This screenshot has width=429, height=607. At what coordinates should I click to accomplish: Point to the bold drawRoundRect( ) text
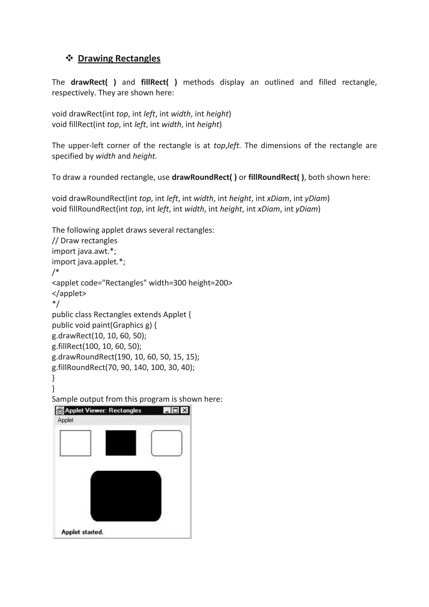pyautogui.click(x=204, y=177)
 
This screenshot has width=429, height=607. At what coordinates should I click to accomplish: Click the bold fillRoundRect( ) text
pyautogui.click(x=276, y=177)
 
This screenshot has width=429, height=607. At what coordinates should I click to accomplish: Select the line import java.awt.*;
pyautogui.click(x=84, y=251)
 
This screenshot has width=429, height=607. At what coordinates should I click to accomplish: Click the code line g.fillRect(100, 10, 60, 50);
pyautogui.click(x=97, y=346)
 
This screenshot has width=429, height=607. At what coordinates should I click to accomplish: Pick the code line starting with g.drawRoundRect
pyautogui.click(x=125, y=357)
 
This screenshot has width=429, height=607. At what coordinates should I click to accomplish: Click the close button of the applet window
pyautogui.click(x=185, y=410)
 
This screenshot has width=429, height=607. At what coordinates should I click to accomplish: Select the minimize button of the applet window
pyautogui.click(x=167, y=410)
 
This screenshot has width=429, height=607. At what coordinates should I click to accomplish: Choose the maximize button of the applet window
pyautogui.click(x=175, y=410)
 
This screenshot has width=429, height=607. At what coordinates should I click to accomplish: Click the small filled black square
pyautogui.click(x=121, y=443)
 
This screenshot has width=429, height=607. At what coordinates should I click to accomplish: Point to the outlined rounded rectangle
pyautogui.click(x=166, y=443)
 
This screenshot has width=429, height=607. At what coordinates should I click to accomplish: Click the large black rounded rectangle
pyautogui.click(x=126, y=496)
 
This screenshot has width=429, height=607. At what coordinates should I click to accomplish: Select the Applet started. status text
pyautogui.click(x=82, y=532)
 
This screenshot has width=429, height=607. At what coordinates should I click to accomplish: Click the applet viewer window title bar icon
pyautogui.click(x=61, y=410)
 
